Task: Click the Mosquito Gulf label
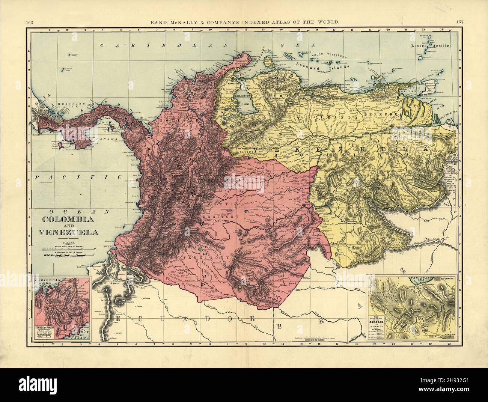pyautogui.click(x=58, y=102)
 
